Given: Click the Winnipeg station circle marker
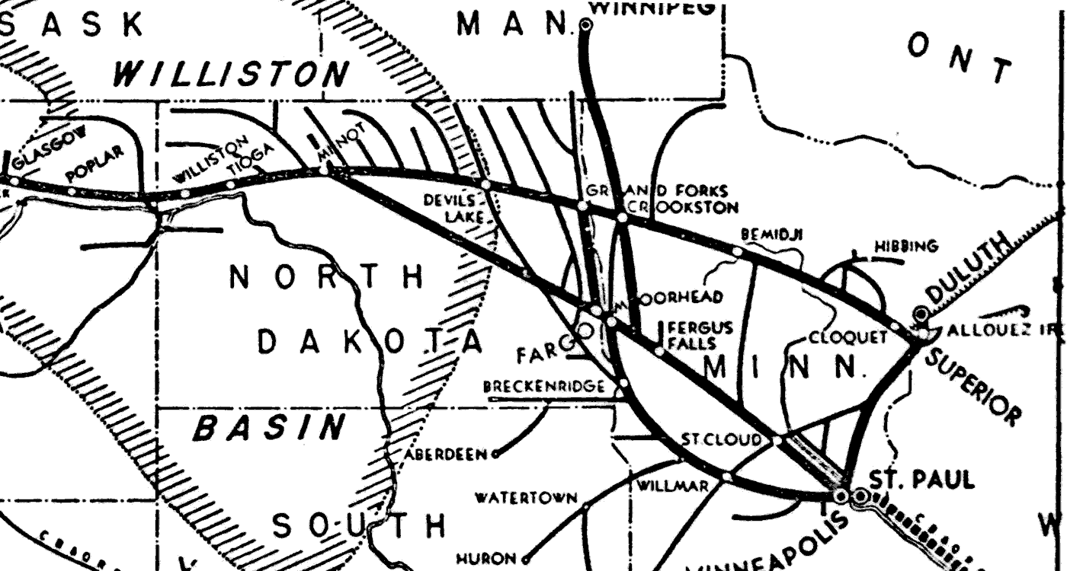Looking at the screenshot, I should click(x=585, y=25).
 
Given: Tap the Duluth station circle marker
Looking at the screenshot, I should click(x=921, y=312).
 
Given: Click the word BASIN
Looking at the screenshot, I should click(x=268, y=429).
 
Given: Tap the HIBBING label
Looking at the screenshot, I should click(x=906, y=247).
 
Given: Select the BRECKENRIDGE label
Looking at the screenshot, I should click(x=544, y=387).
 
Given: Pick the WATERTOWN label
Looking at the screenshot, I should click(x=526, y=499).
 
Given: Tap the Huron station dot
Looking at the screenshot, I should click(x=525, y=560).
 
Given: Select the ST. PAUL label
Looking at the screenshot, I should click(x=921, y=480).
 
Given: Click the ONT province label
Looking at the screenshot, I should click(x=960, y=58).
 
